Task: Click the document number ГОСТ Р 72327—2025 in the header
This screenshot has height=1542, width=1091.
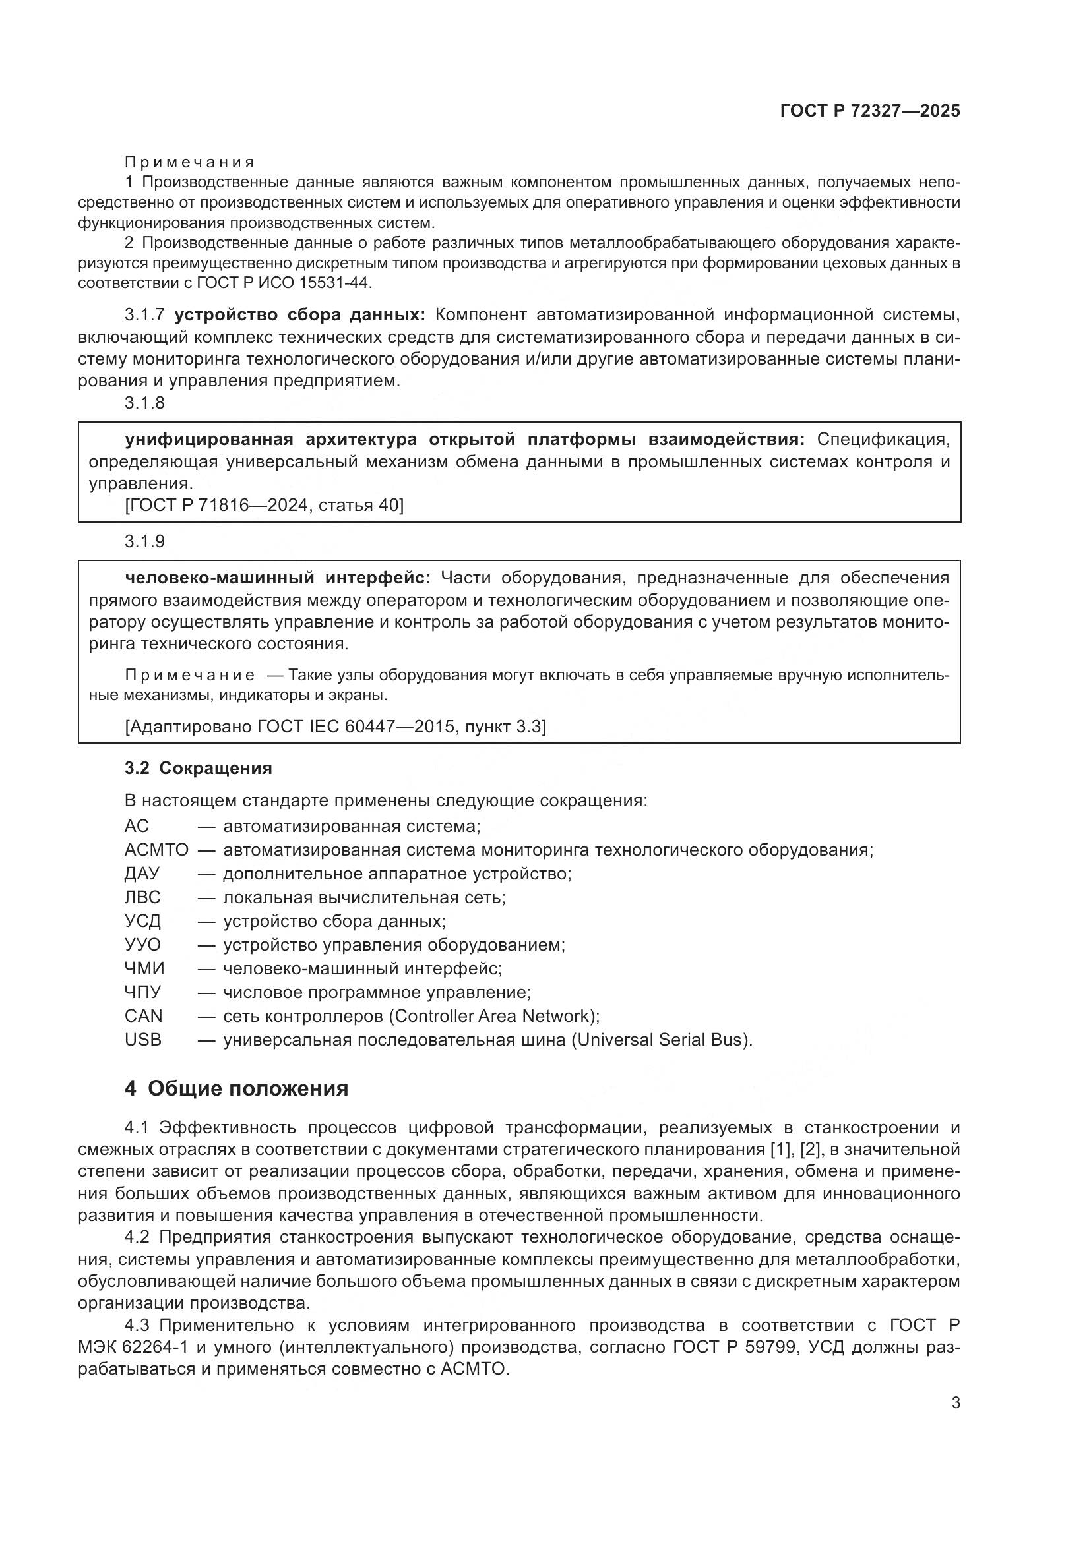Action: coord(870,111)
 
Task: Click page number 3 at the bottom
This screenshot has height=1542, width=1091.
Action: coord(955,1403)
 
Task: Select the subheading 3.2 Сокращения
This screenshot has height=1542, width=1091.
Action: coord(198,768)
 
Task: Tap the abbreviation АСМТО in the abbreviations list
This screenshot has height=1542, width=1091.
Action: coord(156,850)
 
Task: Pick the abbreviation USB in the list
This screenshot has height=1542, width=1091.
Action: coord(143,1040)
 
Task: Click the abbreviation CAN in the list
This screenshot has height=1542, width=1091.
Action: coord(143,1016)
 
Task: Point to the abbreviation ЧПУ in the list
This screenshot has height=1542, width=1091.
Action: coord(143,992)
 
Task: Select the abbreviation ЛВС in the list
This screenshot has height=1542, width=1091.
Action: coord(142,897)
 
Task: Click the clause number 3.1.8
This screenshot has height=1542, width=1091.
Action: coord(144,403)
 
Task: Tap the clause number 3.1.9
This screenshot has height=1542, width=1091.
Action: coord(144,541)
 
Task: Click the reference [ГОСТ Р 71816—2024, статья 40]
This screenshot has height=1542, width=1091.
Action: coord(264,505)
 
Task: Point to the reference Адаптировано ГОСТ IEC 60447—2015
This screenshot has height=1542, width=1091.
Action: coord(335,727)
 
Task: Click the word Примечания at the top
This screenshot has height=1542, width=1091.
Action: coord(189,163)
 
